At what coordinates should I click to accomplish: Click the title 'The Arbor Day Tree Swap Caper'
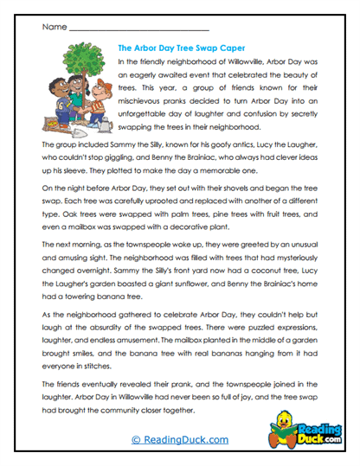(x=180, y=49)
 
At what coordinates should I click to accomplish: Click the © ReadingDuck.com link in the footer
(x=179, y=440)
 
